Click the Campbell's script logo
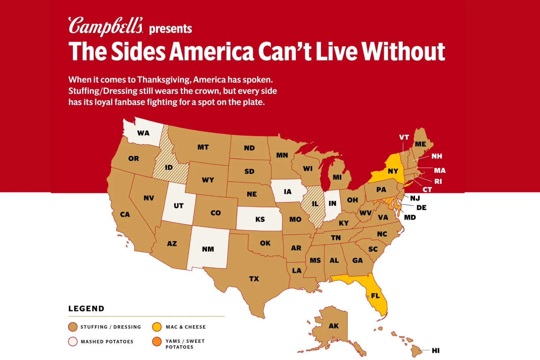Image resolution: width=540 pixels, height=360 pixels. pyautogui.click(x=106, y=26)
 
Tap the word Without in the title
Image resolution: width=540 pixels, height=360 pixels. pyautogui.click(x=403, y=52)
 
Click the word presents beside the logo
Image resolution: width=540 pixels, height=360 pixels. pyautogui.click(x=170, y=29)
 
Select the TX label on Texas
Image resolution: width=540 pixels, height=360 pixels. pyautogui.click(x=254, y=279)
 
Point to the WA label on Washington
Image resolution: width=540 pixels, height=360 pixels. pyautogui.click(x=143, y=133)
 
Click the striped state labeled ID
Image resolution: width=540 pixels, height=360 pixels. pyautogui.click(x=168, y=168)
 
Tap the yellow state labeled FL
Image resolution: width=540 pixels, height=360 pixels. pyautogui.click(x=375, y=296)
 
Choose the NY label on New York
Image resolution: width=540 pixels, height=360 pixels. pyautogui.click(x=393, y=171)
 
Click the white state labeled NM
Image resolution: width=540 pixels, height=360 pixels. pyautogui.click(x=208, y=249)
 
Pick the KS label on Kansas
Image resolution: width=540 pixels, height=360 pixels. pyautogui.click(x=260, y=220)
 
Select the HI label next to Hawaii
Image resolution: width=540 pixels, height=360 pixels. pyautogui.click(x=436, y=351)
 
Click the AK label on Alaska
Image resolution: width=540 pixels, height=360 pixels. pyautogui.click(x=333, y=326)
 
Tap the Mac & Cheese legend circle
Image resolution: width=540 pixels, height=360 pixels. pyautogui.click(x=157, y=327)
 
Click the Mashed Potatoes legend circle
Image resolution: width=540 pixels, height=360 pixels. pyautogui.click(x=73, y=341)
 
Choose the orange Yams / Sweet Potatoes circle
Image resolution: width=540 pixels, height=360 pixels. pyautogui.click(x=157, y=341)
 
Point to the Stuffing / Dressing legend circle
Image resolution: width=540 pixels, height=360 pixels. pyautogui.click(x=73, y=327)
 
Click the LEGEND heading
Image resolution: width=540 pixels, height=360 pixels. pyautogui.click(x=86, y=309)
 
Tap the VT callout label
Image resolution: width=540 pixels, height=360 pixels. pyautogui.click(x=404, y=137)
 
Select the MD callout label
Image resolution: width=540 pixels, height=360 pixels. pyautogui.click(x=410, y=217)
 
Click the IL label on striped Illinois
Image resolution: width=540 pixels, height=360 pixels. pyautogui.click(x=315, y=204)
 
